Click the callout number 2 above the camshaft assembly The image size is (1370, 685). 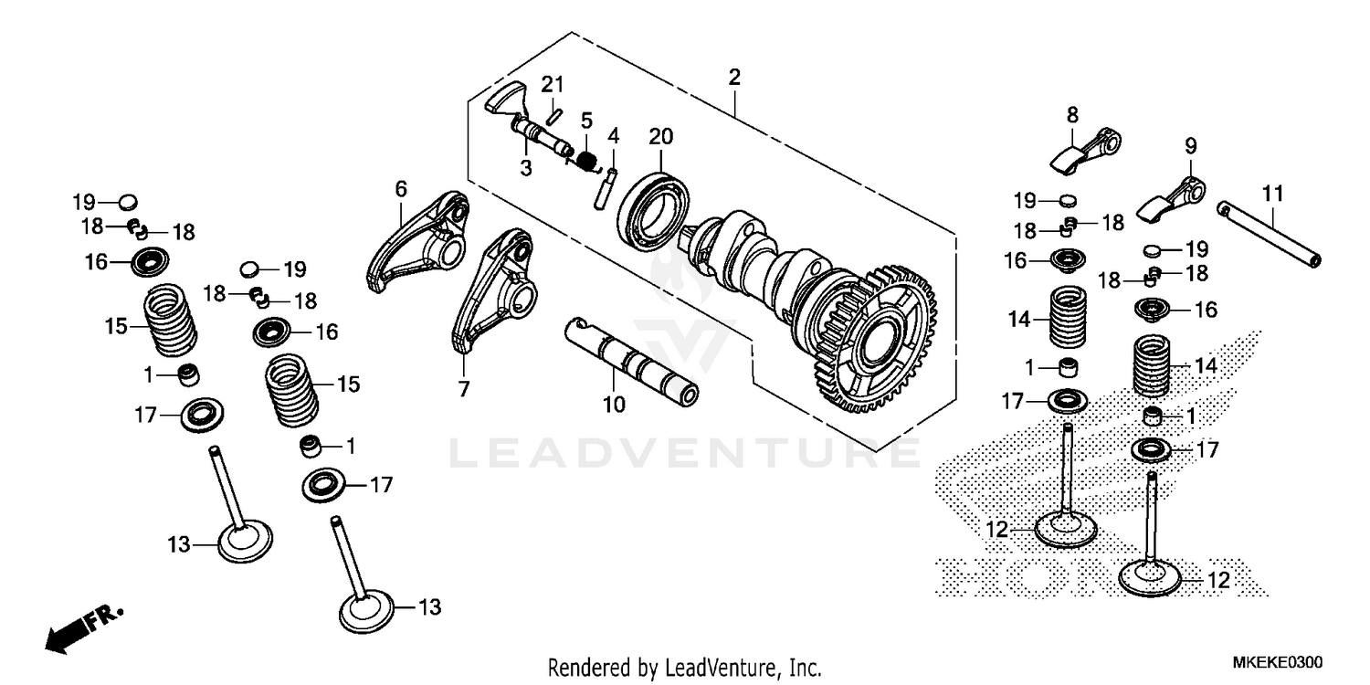pyautogui.click(x=733, y=78)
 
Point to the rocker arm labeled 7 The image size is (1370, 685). pyautogui.click(x=492, y=288)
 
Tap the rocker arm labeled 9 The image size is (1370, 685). pyautogui.click(x=1170, y=195)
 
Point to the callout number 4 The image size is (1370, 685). pyautogui.click(x=614, y=136)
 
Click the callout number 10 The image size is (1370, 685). pyautogui.click(x=614, y=404)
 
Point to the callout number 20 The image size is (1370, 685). pyautogui.click(x=660, y=137)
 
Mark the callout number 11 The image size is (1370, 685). pyautogui.click(x=1273, y=194)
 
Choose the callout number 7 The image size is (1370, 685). pyautogui.click(x=464, y=390)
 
